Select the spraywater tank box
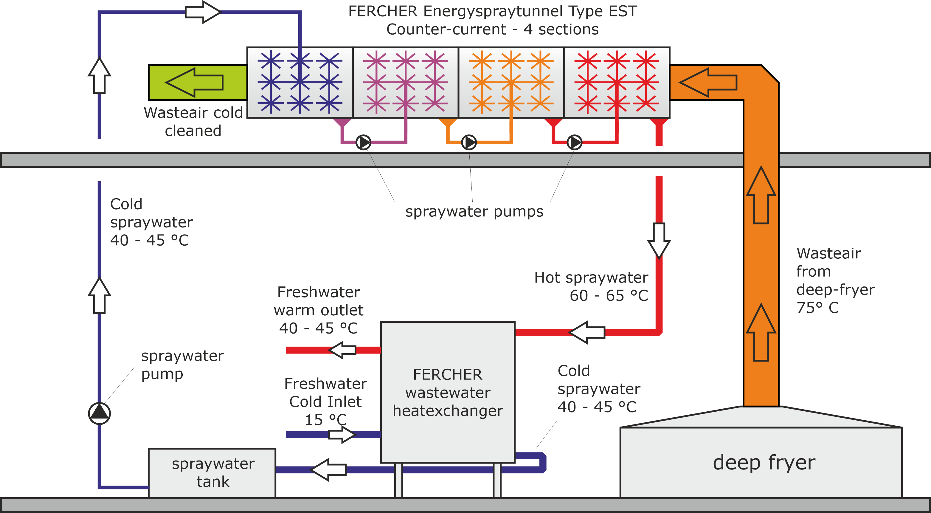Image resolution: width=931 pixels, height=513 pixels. click(212, 472)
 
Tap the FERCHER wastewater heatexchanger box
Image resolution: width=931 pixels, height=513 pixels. click(447, 392)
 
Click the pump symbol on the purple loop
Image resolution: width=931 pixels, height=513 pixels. click(363, 142)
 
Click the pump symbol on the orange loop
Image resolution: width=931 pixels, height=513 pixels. click(469, 142)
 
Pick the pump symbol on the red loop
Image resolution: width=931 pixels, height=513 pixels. click(574, 142)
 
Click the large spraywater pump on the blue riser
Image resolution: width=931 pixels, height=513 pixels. click(100, 413)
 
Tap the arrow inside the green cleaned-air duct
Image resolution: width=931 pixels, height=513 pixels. click(194, 83)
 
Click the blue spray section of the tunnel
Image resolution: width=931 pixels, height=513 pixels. click(300, 83)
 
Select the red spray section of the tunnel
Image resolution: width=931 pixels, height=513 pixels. click(617, 83)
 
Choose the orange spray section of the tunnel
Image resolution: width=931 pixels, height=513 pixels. click(511, 83)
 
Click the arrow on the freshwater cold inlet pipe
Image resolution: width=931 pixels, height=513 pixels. click(342, 434)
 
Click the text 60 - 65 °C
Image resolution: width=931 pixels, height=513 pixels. click(609, 296)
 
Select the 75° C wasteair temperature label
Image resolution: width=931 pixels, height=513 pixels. click(817, 308)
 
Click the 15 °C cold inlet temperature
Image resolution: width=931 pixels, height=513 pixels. click(325, 420)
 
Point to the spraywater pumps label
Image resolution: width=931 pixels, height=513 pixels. click(474, 212)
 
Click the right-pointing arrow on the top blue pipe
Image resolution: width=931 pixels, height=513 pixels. click(202, 12)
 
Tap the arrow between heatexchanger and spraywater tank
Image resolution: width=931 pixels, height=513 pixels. click(328, 469)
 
